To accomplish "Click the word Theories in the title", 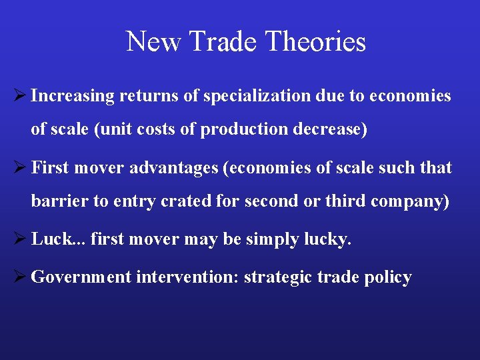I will tap(315, 41).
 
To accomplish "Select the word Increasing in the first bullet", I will tap(73, 96).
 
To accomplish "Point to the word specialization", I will tap(257, 96).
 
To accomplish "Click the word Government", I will tap(81, 277).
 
